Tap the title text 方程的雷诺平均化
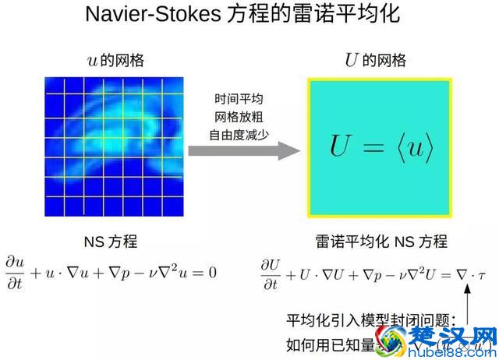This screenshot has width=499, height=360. [327, 16]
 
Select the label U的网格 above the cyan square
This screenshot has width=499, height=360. [375, 60]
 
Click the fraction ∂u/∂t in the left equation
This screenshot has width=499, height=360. [15, 274]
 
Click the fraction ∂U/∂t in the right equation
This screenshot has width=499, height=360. [271, 274]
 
